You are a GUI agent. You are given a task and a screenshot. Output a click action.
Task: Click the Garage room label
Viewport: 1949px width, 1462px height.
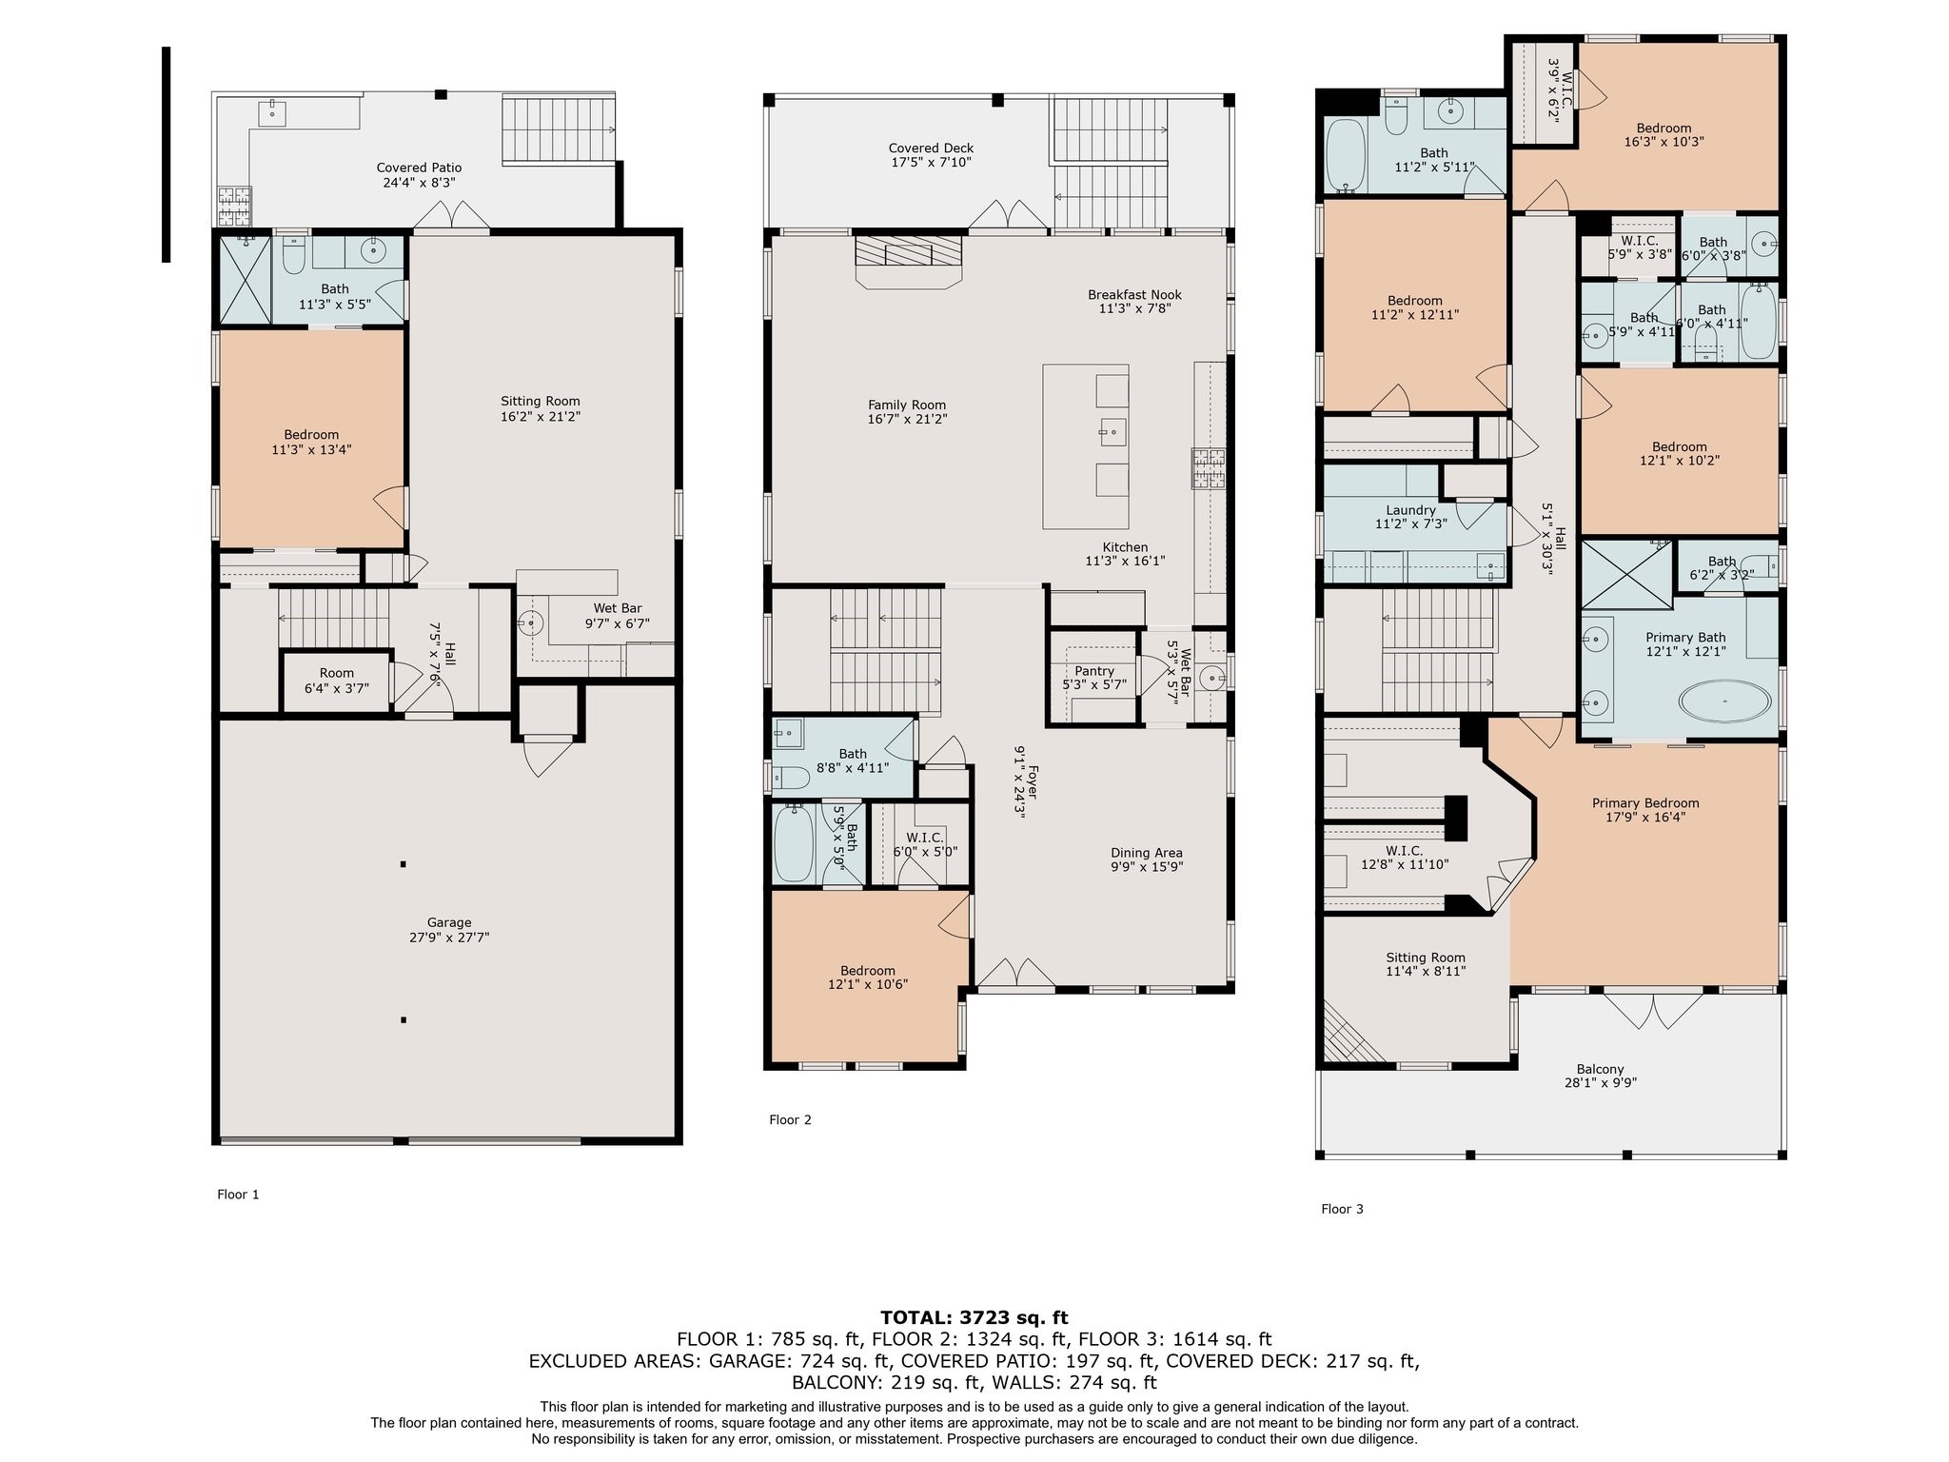tap(449, 922)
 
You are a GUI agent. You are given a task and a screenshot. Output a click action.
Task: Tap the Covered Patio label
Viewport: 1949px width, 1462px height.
tap(419, 168)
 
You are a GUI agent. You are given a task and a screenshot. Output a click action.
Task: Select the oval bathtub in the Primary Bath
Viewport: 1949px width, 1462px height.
tap(1724, 701)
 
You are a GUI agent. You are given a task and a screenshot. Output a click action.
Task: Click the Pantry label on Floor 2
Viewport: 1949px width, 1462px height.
tap(1094, 671)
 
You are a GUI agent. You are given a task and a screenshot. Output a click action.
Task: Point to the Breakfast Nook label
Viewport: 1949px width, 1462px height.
tap(1134, 295)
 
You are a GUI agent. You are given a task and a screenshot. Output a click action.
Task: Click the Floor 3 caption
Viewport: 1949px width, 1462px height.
tap(1342, 1209)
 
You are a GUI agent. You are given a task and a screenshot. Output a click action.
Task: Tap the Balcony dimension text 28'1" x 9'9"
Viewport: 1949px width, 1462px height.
tap(1601, 1082)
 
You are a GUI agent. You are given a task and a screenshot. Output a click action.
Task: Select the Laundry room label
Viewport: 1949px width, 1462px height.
tap(1410, 510)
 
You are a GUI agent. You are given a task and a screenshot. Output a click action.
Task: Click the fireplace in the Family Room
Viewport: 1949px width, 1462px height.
tap(908, 261)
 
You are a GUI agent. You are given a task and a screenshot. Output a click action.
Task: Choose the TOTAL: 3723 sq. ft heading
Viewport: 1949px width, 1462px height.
tap(974, 1317)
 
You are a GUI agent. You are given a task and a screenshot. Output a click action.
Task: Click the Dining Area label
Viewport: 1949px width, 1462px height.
tap(1147, 853)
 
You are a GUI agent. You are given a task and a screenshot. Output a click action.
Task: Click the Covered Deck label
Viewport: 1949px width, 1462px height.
tap(931, 148)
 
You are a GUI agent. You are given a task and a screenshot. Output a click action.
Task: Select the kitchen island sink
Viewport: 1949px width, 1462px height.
tap(1112, 432)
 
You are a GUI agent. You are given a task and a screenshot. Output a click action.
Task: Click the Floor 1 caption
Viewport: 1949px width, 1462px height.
tap(238, 1195)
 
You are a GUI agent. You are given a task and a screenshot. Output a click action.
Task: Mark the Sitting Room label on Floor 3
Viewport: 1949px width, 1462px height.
tap(1426, 958)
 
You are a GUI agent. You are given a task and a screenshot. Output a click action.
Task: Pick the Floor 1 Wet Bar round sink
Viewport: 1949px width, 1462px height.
tap(530, 624)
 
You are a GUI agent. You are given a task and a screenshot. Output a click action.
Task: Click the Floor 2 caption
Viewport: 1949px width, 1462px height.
tap(790, 1119)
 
